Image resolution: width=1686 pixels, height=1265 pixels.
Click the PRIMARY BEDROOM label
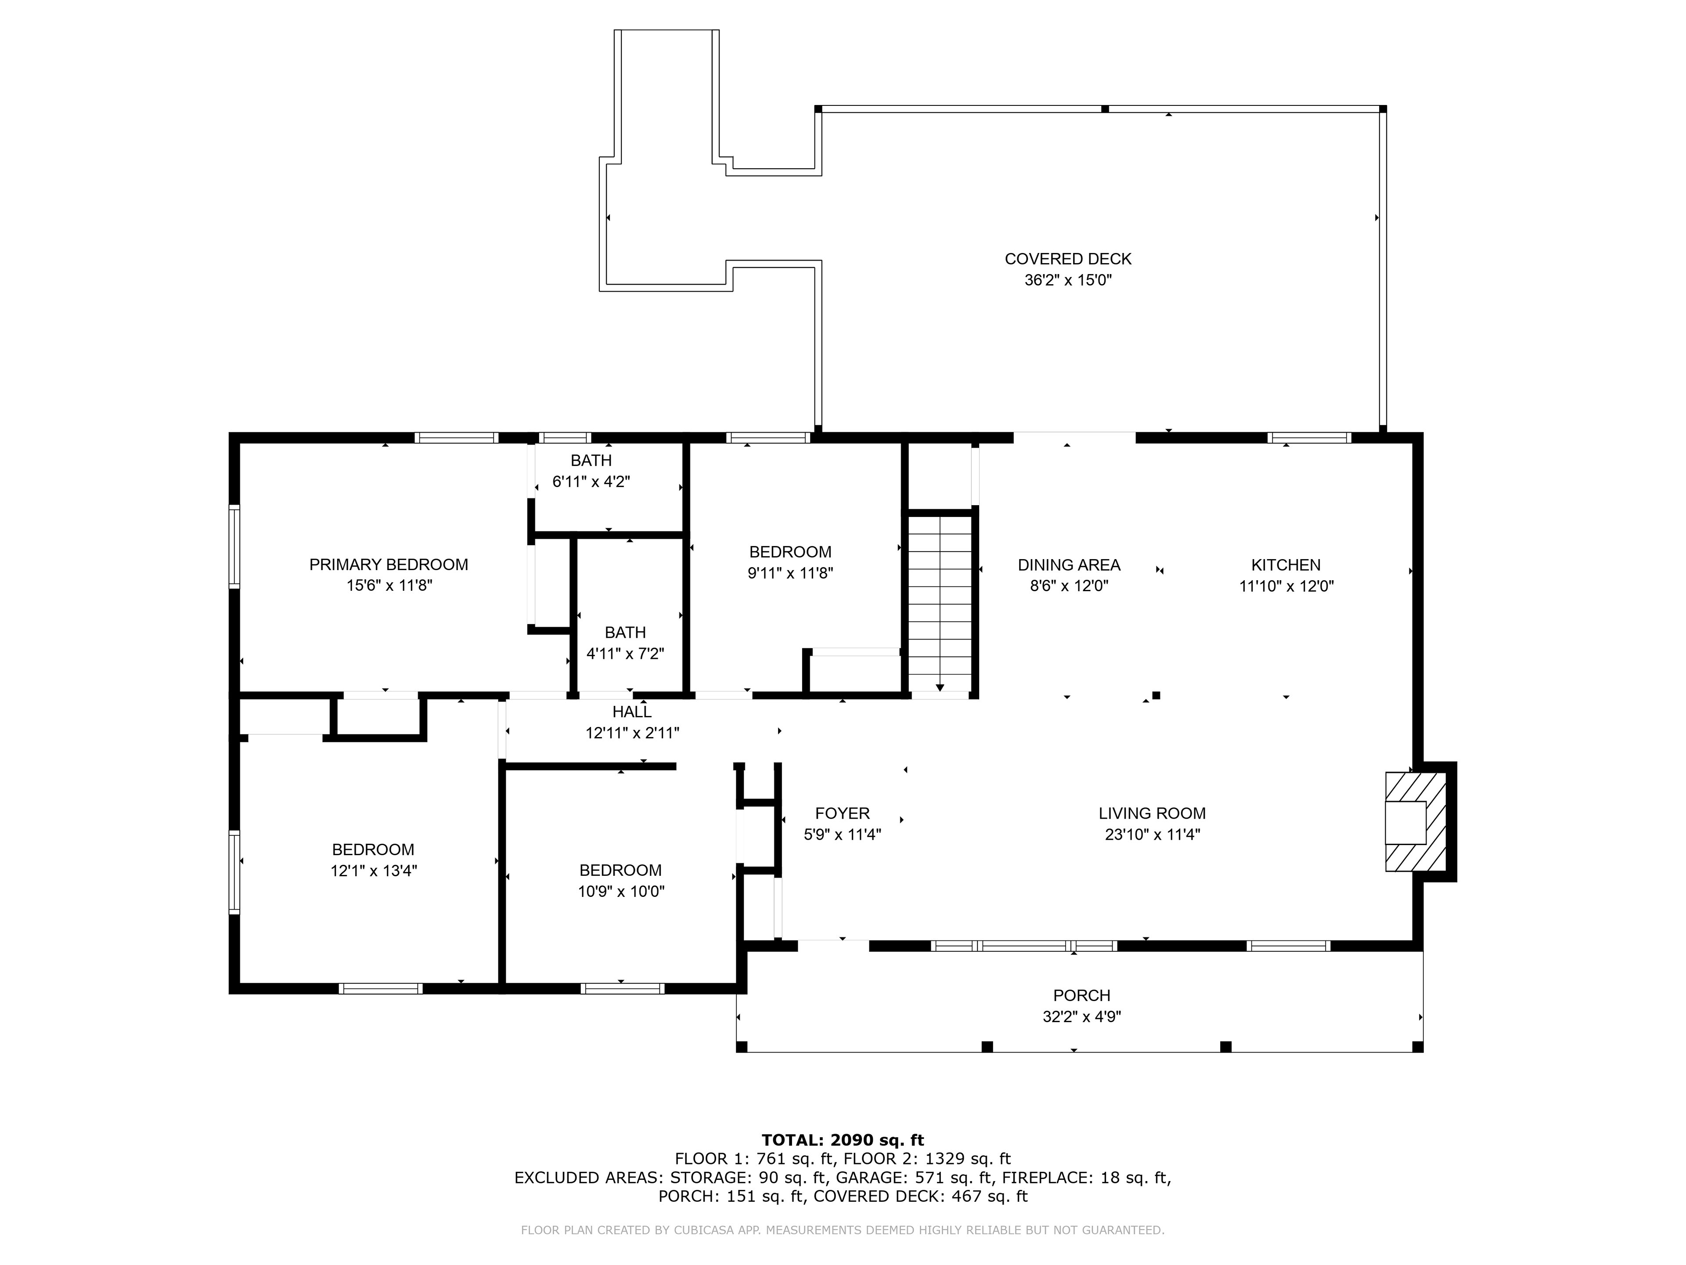[389, 564]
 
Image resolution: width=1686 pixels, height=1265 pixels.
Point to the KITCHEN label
[1286, 565]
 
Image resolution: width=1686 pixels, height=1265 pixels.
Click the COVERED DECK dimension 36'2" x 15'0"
[1068, 280]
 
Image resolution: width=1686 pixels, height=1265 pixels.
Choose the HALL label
[632, 712]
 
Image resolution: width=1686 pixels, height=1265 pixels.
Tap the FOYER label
[842, 813]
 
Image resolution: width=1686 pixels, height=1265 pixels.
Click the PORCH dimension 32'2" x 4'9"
[1081, 1016]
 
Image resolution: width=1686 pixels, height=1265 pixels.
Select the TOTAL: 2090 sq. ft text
[843, 1140]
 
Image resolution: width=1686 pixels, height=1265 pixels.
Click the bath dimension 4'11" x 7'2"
[625, 654]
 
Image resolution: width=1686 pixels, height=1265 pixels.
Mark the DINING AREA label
[1069, 565]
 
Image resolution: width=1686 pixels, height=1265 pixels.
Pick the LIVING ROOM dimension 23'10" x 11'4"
[1153, 834]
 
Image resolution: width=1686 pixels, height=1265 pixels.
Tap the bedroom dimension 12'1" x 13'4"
[374, 871]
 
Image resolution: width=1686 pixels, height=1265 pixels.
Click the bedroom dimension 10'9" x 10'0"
[621, 891]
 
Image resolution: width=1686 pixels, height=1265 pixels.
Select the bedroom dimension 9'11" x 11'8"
[790, 573]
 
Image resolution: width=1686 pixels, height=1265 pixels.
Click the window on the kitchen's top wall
[1309, 437]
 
